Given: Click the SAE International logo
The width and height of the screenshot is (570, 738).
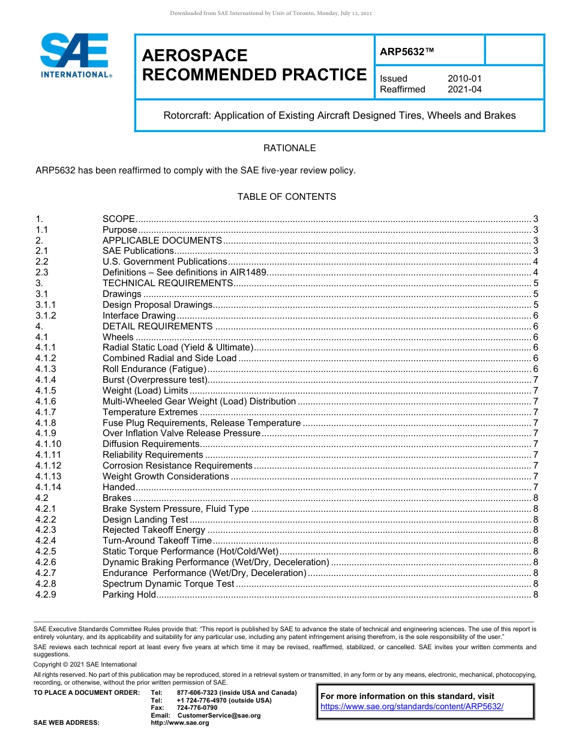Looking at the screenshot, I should click(x=74, y=55).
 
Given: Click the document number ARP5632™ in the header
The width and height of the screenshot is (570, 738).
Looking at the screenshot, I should click(x=406, y=53).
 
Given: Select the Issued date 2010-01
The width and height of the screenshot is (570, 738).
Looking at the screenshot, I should click(x=464, y=79).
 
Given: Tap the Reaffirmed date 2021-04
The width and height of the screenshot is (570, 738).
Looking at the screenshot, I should click(x=464, y=89).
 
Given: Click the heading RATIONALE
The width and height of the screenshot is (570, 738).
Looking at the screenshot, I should click(x=289, y=148).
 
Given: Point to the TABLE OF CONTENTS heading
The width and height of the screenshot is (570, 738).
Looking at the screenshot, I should click(x=286, y=197).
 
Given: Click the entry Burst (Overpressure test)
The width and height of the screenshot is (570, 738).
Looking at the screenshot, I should click(x=155, y=380).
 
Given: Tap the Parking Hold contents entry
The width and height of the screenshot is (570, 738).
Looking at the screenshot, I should click(x=129, y=595).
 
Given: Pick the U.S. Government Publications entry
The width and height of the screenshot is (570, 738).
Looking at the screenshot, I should click(x=164, y=262).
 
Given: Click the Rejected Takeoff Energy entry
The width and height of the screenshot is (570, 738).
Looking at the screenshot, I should click(x=154, y=530).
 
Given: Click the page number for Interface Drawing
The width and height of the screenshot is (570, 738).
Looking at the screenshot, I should click(x=535, y=316).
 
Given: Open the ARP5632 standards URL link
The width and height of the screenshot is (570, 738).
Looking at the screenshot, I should click(x=412, y=707).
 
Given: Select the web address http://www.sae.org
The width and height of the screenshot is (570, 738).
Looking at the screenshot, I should click(x=180, y=723).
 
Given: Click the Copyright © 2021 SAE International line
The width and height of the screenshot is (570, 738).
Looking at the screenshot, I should click(x=85, y=665).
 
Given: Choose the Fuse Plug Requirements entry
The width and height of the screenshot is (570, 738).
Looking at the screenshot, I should click(x=201, y=423).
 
